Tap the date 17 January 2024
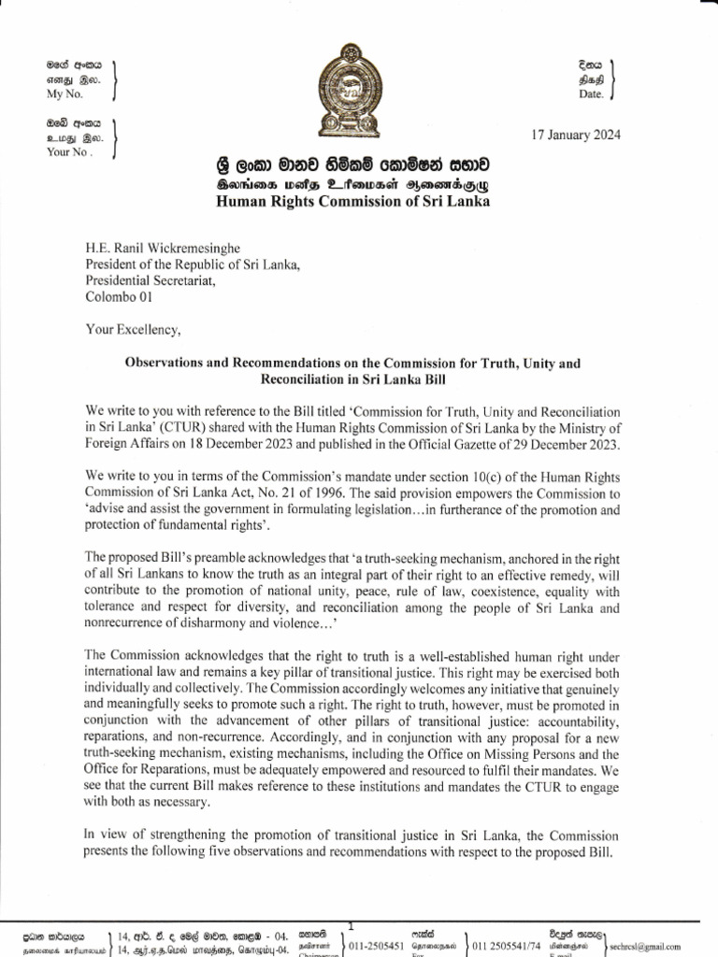pos(575,134)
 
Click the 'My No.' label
pos(65,95)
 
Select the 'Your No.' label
pos(68,152)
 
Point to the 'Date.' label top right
pos(592,95)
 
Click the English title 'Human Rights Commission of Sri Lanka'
pos(352,202)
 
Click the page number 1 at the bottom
pos(350,924)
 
